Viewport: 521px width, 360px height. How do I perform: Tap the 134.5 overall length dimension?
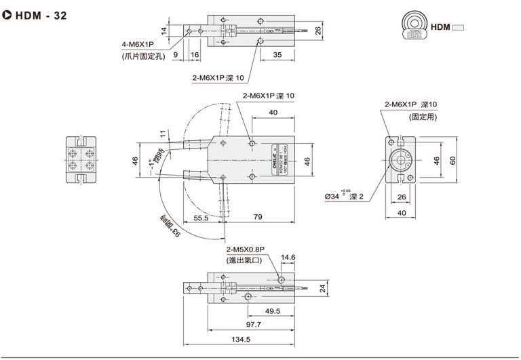241,339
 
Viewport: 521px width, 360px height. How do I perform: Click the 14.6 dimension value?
288,258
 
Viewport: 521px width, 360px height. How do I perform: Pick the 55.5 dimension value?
201,218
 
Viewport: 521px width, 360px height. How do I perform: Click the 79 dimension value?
258,218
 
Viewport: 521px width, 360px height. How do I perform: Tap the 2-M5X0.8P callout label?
248,248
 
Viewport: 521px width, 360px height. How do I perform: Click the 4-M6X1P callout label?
138,45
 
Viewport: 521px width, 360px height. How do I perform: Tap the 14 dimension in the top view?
164,30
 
